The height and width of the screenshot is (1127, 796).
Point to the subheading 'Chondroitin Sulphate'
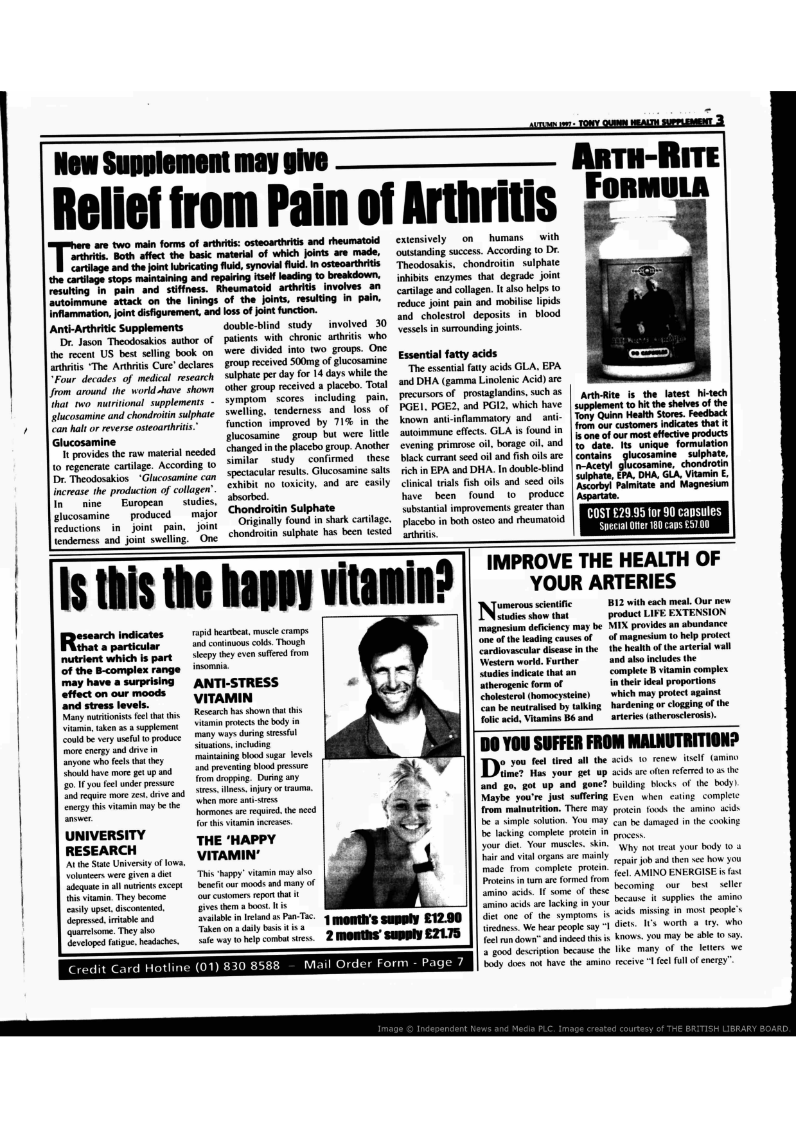(281, 508)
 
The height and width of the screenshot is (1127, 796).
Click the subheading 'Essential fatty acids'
(447, 354)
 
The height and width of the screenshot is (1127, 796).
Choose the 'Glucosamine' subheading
(84, 442)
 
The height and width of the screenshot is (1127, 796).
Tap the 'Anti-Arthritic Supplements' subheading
(116, 328)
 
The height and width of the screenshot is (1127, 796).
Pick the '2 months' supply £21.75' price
(393, 934)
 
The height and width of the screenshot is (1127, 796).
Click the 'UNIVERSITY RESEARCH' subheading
(105, 842)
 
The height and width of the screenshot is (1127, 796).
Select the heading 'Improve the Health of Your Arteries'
(603, 571)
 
